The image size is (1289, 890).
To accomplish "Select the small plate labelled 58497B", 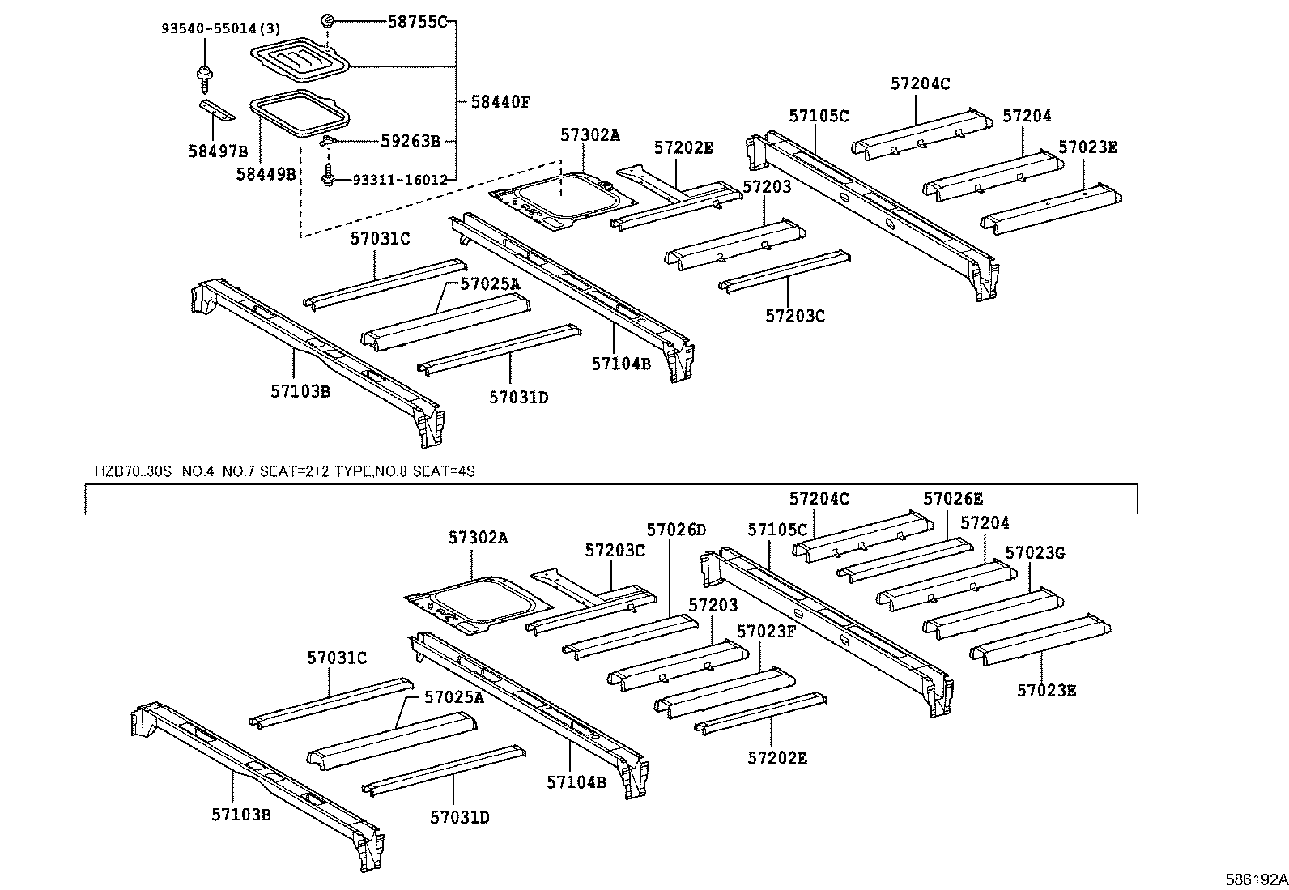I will click(216, 109).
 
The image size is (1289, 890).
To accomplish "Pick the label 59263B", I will click(410, 141).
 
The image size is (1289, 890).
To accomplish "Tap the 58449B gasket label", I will click(266, 174).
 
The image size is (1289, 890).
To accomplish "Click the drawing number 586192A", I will click(1256, 879).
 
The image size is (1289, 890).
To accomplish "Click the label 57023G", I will click(1034, 553).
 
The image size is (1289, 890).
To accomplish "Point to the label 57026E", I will click(953, 499).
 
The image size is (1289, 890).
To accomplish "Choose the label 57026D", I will click(676, 530).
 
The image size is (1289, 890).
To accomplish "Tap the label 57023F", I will click(766, 631).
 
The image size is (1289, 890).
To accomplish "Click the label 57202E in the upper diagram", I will click(683, 147).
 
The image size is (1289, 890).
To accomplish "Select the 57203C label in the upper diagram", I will click(794, 316).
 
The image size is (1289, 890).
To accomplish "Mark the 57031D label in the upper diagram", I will click(518, 398).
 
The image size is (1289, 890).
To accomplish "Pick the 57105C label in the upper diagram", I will click(819, 117).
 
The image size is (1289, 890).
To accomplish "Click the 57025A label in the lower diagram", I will click(453, 696).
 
